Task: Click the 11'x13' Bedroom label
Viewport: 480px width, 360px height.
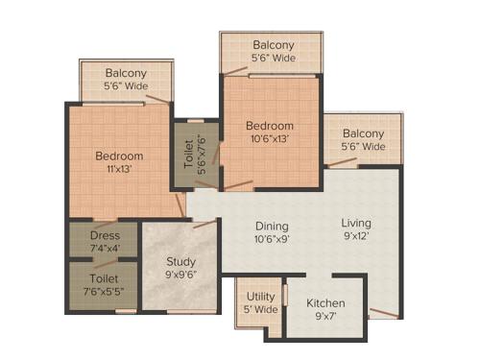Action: coord(119,156)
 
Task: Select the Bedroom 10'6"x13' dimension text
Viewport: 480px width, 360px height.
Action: coord(268,138)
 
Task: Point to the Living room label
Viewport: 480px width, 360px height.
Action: coord(355,224)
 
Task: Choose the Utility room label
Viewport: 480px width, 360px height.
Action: coord(261,297)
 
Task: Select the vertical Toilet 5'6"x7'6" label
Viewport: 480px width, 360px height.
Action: coord(188,155)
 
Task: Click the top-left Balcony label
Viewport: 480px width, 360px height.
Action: coord(126,73)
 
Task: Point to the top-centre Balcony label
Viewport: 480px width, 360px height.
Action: coord(274,45)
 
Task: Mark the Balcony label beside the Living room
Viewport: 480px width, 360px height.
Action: coord(363,133)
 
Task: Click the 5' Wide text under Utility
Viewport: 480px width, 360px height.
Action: coord(261,310)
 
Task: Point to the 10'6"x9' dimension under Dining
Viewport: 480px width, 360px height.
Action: coord(272,240)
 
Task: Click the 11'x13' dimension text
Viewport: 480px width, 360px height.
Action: coord(120,170)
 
